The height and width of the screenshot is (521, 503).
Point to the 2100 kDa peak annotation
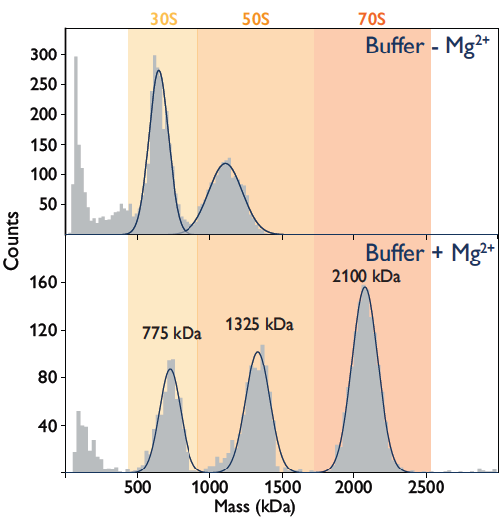366,277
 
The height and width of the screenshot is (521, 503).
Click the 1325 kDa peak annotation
261,323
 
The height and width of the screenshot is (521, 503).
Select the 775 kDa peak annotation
170,333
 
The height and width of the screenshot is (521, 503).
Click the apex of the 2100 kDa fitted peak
365,287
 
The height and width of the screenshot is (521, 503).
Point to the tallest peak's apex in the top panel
158,70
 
